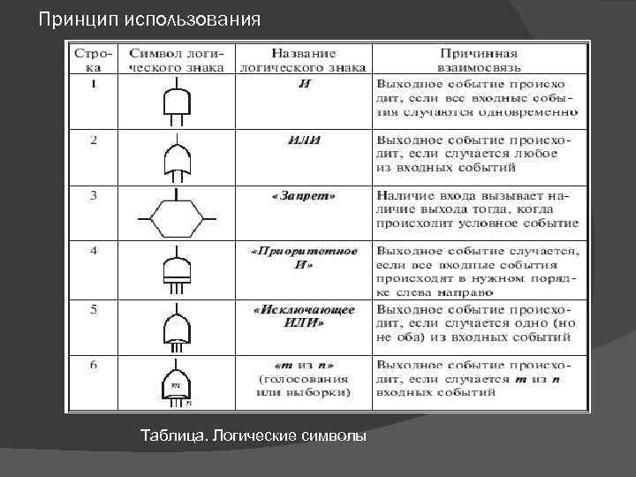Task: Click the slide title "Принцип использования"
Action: [x=150, y=19]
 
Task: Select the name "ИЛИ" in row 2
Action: [x=305, y=140]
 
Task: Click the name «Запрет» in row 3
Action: [x=305, y=194]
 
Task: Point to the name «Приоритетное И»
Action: [x=305, y=257]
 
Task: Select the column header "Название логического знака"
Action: [x=305, y=59]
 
